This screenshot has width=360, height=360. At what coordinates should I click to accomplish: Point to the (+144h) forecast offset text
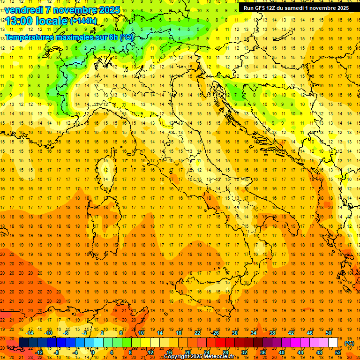tap(83, 21)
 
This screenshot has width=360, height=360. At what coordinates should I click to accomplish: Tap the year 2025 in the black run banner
tap(340, 8)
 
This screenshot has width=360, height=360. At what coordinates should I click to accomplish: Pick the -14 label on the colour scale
tap(29, 333)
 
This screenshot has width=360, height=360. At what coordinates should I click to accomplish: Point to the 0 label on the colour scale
tap(92, 352)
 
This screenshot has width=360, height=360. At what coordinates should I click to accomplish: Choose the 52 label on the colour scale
tap(338, 352)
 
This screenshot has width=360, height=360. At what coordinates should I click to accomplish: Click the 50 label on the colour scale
tap(329, 333)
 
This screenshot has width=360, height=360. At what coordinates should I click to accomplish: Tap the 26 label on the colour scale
tap(215, 333)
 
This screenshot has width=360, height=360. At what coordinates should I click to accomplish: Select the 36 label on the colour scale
tap(262, 352)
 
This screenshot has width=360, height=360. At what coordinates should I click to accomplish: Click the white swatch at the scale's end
tap(333, 343)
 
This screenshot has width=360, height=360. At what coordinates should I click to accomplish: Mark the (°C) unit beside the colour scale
tap(349, 343)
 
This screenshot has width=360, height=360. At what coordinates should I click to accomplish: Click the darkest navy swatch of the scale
tap(23, 343)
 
